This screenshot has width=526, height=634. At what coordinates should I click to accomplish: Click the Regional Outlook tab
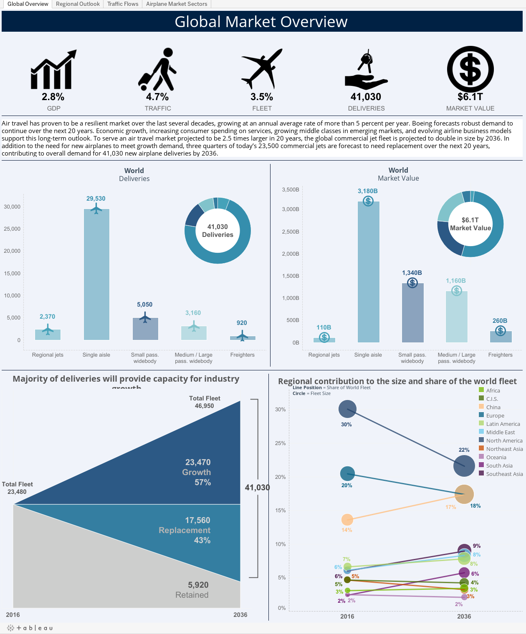click(x=78, y=4)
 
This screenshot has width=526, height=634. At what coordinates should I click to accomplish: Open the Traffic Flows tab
click(x=123, y=4)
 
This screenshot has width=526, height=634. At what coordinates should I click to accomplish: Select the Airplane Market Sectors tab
click(x=177, y=4)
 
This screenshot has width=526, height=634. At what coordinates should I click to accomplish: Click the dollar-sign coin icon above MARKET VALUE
click(x=470, y=69)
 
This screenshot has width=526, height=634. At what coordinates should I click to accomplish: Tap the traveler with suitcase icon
click(x=158, y=69)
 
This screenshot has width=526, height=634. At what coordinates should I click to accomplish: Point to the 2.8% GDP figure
click(x=53, y=97)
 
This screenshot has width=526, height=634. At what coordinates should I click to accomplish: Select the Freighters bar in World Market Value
click(x=500, y=337)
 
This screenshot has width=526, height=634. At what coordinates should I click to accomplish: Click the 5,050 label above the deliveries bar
click(x=145, y=304)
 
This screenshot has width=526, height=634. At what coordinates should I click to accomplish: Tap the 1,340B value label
click(x=412, y=273)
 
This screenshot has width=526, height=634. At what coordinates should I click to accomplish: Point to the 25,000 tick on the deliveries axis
click(x=12, y=229)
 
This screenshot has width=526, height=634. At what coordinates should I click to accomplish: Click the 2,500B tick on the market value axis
click(x=291, y=231)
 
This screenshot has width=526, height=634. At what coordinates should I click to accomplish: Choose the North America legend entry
click(x=504, y=440)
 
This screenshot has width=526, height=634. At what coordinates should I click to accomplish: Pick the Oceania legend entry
click(x=496, y=457)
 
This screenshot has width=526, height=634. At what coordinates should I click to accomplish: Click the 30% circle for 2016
click(x=347, y=409)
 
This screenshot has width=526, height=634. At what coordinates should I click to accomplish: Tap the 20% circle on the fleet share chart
click(x=347, y=473)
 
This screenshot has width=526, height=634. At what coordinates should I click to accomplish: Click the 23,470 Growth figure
click(x=198, y=462)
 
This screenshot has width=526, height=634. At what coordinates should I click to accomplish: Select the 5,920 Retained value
click(x=198, y=585)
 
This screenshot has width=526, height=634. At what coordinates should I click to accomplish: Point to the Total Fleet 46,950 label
click(x=205, y=402)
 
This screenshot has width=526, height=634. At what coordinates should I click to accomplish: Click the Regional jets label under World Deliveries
click(x=48, y=355)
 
